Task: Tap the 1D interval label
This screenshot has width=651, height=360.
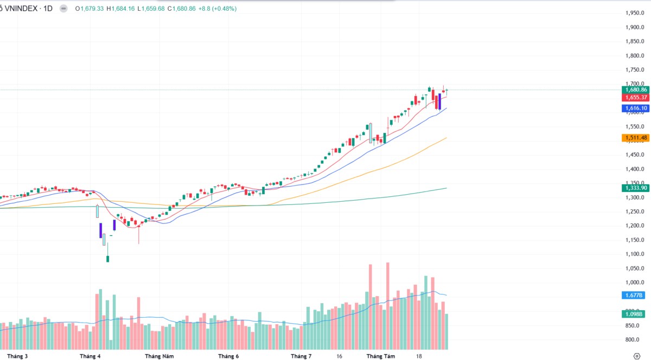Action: (48, 9)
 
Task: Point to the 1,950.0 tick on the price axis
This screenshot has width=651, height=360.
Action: (634, 13)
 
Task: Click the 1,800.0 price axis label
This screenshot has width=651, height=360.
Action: (634, 55)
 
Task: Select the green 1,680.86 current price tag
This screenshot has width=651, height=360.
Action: (636, 89)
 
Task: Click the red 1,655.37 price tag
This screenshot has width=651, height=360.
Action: (636, 98)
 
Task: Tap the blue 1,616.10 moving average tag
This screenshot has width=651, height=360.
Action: (636, 108)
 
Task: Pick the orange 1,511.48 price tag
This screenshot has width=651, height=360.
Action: (636, 138)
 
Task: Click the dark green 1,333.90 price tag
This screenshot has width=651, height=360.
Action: (636, 188)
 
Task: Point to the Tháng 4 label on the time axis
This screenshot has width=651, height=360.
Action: (90, 356)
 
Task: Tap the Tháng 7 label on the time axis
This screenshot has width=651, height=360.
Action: (301, 356)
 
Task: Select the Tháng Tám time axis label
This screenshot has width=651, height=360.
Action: (381, 356)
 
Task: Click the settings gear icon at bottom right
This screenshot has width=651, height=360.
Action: (636, 356)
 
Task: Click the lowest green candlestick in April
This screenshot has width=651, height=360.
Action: (107, 259)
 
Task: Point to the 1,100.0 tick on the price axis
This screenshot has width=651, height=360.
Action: (634, 254)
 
